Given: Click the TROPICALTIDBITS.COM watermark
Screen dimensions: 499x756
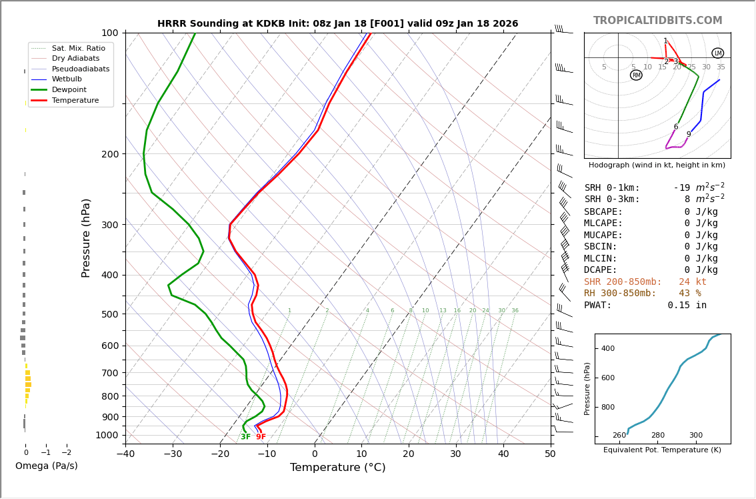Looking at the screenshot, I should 657,21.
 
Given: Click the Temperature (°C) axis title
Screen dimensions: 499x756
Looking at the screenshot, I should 337,468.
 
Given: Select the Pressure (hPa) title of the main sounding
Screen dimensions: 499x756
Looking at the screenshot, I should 86,237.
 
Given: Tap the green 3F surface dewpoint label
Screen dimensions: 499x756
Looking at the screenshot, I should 246,437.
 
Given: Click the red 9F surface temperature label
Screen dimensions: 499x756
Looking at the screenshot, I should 261,437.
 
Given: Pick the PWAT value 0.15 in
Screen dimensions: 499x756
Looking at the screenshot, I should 687,306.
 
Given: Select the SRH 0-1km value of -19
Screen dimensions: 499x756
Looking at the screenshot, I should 681,188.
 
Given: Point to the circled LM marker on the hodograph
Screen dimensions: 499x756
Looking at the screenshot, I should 717,53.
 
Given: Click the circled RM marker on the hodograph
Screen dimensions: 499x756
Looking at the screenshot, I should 636,75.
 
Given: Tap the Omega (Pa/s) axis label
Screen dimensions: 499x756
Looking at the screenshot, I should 46,466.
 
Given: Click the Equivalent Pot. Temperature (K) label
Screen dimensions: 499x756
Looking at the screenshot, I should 662,450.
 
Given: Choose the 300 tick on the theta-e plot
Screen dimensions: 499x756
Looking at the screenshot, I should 695,436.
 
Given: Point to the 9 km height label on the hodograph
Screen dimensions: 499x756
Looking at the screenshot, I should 689,135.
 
